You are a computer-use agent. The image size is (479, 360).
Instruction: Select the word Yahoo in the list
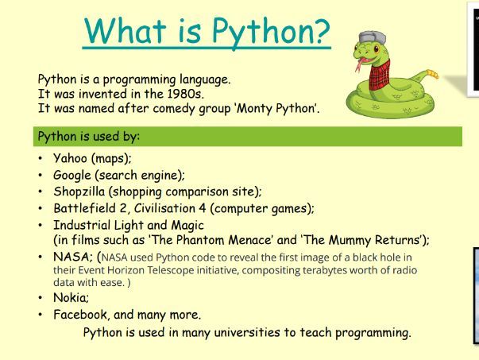[x=71, y=158]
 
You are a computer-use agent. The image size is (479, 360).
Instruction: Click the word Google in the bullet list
[x=72, y=175]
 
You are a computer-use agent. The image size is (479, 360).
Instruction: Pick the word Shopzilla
[x=81, y=192]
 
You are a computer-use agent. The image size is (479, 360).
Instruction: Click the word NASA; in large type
[x=72, y=257]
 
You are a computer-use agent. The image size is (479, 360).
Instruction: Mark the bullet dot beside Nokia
[x=41, y=297]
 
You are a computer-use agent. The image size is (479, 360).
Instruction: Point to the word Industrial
[x=83, y=225]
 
